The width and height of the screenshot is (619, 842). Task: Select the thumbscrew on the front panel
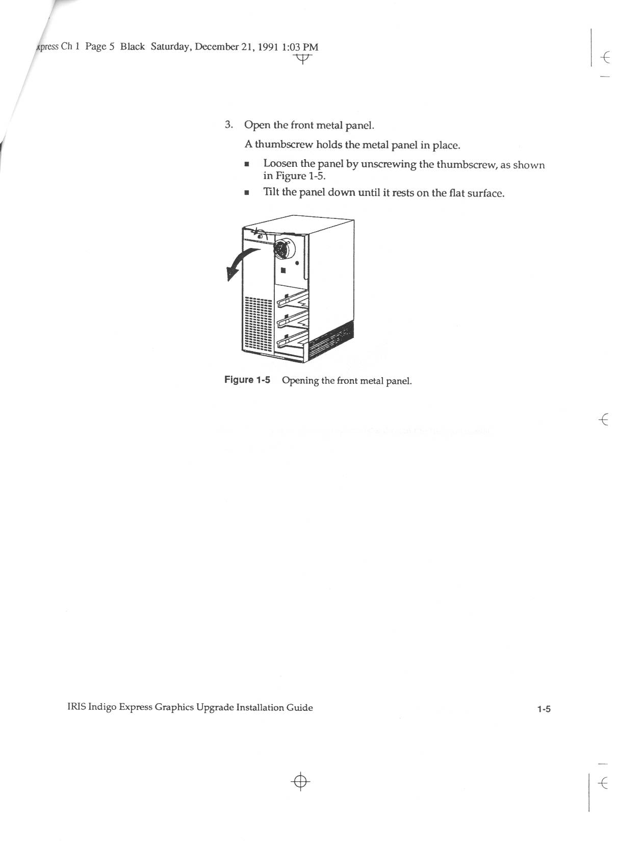pos(260,236)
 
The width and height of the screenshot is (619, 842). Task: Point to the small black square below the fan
pos(282,271)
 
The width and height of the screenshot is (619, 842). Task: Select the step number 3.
pos(229,125)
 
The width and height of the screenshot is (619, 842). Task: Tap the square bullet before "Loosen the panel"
pos(247,165)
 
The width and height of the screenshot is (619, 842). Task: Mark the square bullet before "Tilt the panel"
pos(247,193)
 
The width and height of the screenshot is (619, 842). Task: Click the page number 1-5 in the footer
pos(544,709)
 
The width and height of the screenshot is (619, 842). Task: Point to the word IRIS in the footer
pos(76,707)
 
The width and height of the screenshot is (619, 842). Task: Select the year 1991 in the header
pos(268,47)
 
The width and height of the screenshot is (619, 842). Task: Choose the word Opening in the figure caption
pos(300,381)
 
